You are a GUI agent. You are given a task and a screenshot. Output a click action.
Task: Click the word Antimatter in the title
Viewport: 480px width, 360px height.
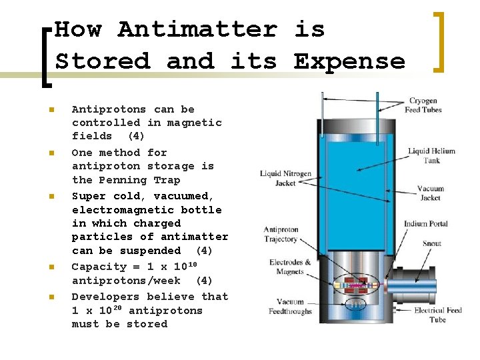pyautogui.click(x=197, y=30)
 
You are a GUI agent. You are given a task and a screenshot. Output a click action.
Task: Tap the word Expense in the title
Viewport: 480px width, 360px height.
pyautogui.click(x=349, y=62)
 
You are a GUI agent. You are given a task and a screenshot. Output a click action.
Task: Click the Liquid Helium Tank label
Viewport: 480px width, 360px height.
pyautogui.click(x=431, y=155)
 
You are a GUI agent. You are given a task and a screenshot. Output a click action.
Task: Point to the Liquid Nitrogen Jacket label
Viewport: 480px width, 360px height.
pyautogui.click(x=285, y=178)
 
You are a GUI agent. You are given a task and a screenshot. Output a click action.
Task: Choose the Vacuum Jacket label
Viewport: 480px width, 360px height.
pyautogui.click(x=430, y=193)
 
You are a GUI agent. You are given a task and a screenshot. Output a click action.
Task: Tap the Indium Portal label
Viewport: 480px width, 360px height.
pyautogui.click(x=426, y=224)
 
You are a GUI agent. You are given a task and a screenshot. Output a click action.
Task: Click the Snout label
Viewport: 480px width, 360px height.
pyautogui.click(x=431, y=243)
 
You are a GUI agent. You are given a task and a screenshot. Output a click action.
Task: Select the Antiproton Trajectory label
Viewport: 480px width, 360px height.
pyautogui.click(x=281, y=235)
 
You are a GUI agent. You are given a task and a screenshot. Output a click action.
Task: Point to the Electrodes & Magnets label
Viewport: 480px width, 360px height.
pyautogui.click(x=290, y=267)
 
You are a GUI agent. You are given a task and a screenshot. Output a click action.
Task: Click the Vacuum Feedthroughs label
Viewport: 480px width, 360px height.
pyautogui.click(x=286, y=307)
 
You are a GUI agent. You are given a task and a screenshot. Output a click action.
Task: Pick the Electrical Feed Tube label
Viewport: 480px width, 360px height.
pyautogui.click(x=438, y=315)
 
